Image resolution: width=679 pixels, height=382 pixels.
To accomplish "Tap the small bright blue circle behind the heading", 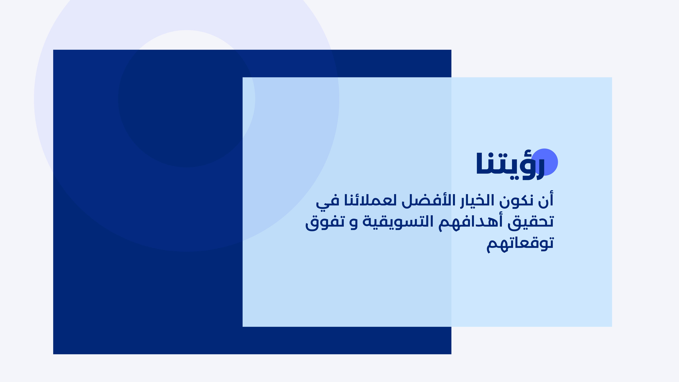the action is [x=545, y=162].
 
